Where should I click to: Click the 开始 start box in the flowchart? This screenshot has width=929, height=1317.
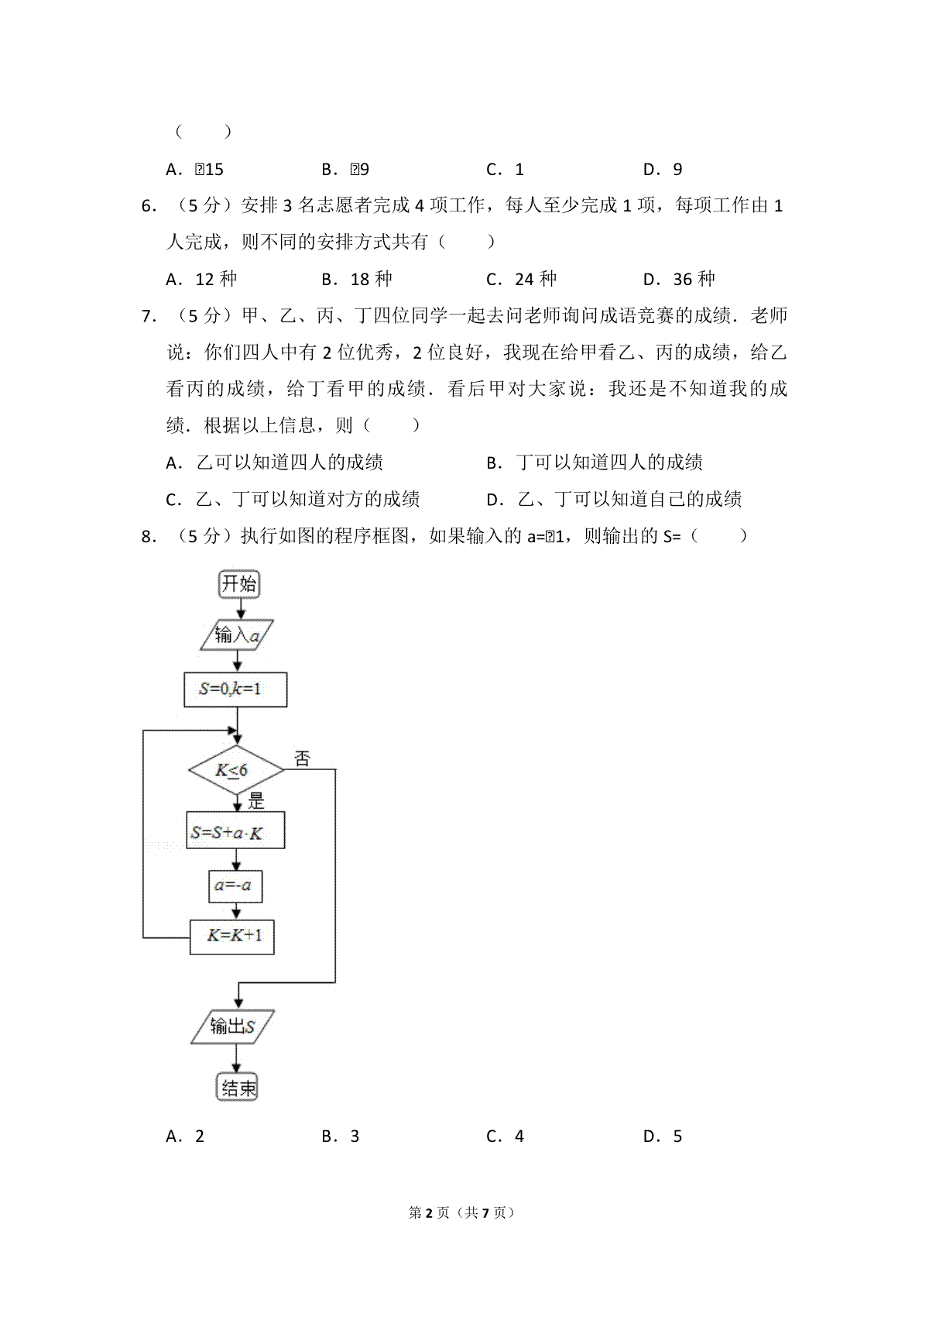(238, 583)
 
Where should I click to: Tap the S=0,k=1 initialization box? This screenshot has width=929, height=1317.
(235, 689)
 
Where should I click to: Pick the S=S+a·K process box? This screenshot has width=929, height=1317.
(235, 831)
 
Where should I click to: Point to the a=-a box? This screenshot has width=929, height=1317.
(235, 885)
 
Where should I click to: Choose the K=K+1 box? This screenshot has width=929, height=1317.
(232, 937)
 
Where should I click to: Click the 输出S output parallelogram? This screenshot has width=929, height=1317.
(233, 1027)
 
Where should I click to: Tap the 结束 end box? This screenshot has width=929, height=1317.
(237, 1088)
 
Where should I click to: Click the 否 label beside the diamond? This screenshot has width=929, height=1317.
(302, 759)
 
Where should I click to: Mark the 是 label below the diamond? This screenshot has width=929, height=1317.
(256, 800)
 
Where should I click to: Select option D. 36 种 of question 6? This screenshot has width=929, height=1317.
(679, 279)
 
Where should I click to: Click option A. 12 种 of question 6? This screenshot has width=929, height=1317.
(201, 279)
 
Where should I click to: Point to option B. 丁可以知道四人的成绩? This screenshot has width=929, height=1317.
(595, 462)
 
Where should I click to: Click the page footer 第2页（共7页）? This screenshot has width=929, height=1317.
(461, 1212)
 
